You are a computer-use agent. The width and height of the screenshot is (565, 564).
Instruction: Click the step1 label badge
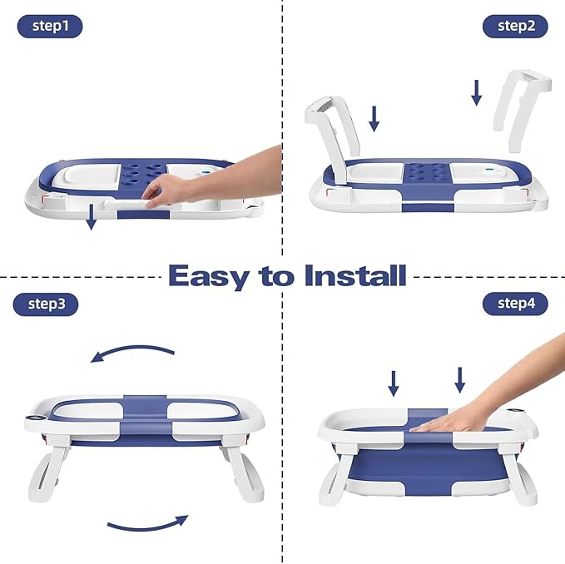point(50,27)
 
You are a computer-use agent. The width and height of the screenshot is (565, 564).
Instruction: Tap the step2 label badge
point(516,26)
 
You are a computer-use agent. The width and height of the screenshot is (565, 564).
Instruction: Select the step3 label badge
point(47,304)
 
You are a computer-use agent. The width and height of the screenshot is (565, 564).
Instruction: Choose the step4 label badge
point(516,303)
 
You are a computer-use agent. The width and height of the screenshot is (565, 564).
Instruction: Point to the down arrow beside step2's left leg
point(374,118)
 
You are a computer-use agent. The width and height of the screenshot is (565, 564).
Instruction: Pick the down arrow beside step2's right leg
point(477,92)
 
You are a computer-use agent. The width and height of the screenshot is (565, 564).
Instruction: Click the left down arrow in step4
point(394,383)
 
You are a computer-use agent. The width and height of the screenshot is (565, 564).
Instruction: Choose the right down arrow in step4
point(459,379)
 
